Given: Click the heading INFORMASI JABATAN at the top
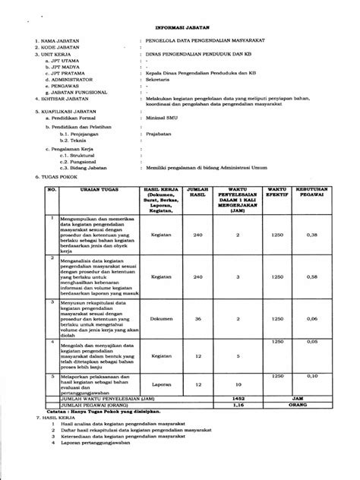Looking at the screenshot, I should [182, 24].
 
